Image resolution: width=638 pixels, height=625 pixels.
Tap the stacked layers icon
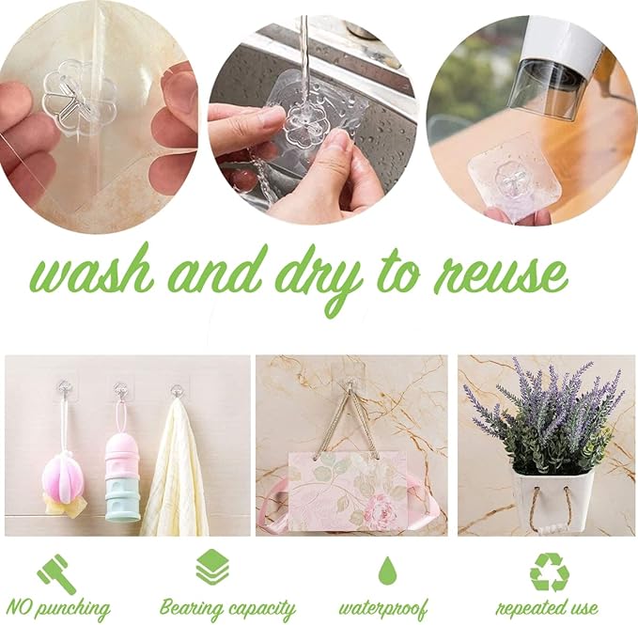212,568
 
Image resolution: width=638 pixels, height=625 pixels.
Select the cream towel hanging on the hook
175,468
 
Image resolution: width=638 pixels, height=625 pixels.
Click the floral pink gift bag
348,491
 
